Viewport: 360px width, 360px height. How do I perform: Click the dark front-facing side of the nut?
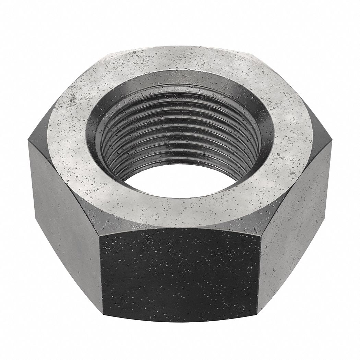pos(180,271)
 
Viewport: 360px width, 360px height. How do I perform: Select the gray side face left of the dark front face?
pos(65,213)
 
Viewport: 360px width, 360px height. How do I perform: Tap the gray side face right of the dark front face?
pos(295,213)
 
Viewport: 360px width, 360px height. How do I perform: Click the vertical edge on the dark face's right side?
pos(259,271)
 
